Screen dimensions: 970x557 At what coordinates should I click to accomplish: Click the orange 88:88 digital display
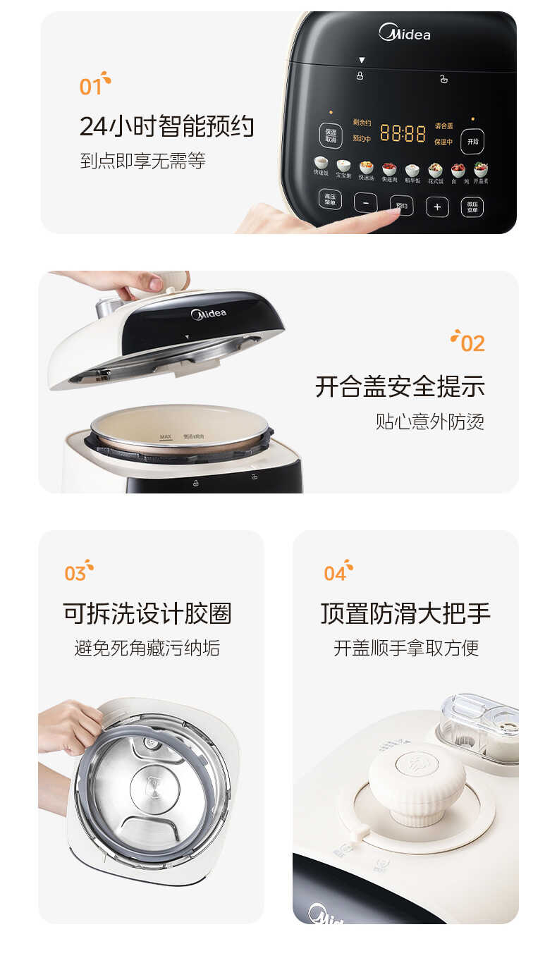(x=403, y=133)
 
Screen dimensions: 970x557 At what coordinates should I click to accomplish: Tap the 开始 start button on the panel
(x=472, y=141)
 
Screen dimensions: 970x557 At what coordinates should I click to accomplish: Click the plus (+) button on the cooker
(x=437, y=207)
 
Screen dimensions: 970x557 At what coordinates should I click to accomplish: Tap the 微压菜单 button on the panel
(x=472, y=207)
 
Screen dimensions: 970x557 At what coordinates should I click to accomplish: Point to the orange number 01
(x=91, y=87)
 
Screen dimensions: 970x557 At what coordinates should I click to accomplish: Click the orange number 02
(x=472, y=343)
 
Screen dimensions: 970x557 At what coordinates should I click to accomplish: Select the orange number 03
(x=75, y=573)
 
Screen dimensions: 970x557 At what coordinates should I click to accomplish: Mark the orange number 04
(x=335, y=573)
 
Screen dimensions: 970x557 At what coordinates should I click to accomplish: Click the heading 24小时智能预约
(x=166, y=127)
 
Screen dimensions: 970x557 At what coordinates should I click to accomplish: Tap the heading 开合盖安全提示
(x=400, y=386)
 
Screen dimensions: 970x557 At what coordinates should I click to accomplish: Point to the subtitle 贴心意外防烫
(x=429, y=422)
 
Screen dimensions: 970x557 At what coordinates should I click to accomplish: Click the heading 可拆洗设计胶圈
(x=147, y=613)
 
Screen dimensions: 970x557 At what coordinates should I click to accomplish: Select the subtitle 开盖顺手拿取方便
(x=405, y=647)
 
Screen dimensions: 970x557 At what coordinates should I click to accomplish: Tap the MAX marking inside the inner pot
(x=166, y=437)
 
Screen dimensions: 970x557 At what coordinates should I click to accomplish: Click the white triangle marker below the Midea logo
(x=362, y=61)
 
